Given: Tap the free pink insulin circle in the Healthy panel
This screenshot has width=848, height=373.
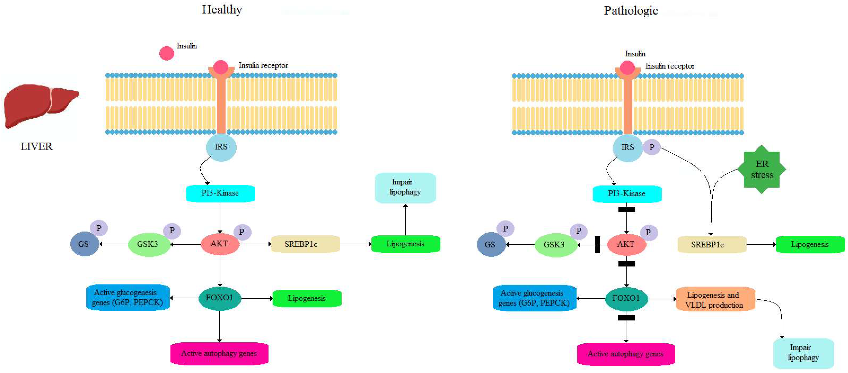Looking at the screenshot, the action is pyautogui.click(x=166, y=53).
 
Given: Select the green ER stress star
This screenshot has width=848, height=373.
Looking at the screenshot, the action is pyautogui.click(x=761, y=169).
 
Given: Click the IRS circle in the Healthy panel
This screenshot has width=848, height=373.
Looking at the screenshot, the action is pyautogui.click(x=221, y=147).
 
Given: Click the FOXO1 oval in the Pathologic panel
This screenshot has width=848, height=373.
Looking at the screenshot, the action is pyautogui.click(x=626, y=299).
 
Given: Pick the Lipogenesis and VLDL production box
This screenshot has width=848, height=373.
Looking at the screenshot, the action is pyautogui.click(x=715, y=299).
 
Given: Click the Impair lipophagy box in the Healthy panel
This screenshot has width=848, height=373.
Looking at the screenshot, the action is pyautogui.click(x=405, y=188).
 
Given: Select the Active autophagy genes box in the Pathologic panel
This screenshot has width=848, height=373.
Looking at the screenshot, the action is pyautogui.click(x=626, y=354).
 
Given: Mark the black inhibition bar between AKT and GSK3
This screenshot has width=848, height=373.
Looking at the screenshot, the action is pyautogui.click(x=597, y=245).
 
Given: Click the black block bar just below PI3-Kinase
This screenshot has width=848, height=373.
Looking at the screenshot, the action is pyautogui.click(x=627, y=209).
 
